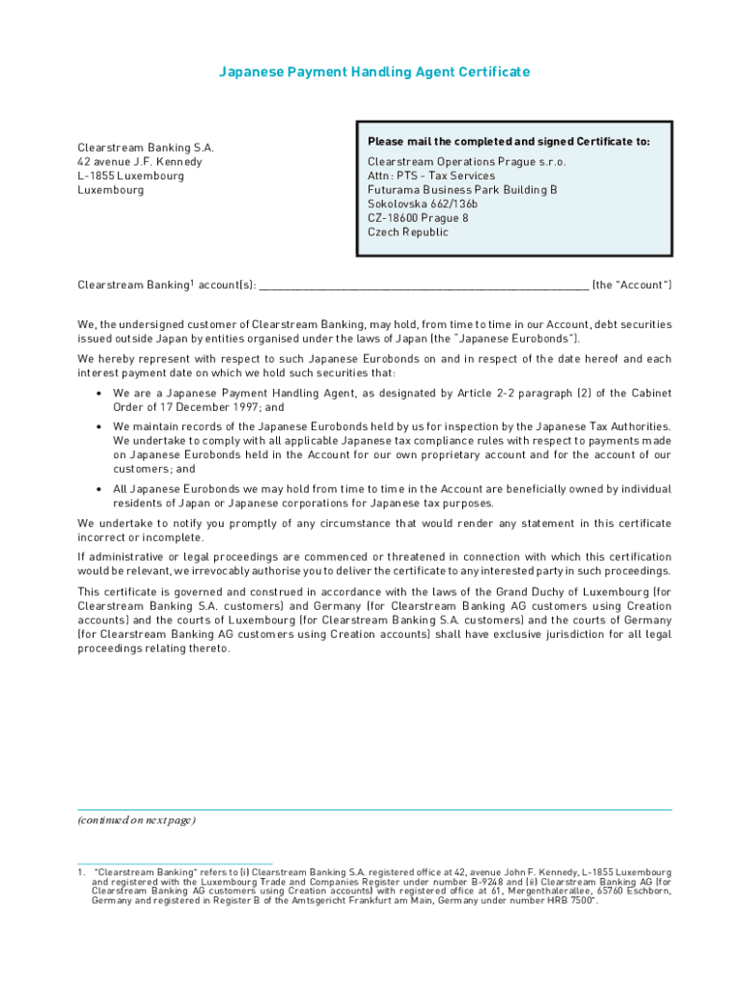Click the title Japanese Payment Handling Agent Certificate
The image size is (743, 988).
pos(374,72)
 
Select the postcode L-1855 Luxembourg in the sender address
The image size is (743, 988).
pos(130,177)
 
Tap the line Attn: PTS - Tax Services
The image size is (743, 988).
pos(430,177)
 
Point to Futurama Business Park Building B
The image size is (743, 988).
pos(462,190)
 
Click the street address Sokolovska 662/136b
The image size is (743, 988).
pos(423,205)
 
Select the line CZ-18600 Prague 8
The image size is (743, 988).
pos(418,218)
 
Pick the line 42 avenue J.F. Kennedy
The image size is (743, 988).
pos(140,162)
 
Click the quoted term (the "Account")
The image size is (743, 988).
pos(631,286)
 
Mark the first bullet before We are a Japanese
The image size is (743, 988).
pos(100,394)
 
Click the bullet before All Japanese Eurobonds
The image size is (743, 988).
pos(100,489)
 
